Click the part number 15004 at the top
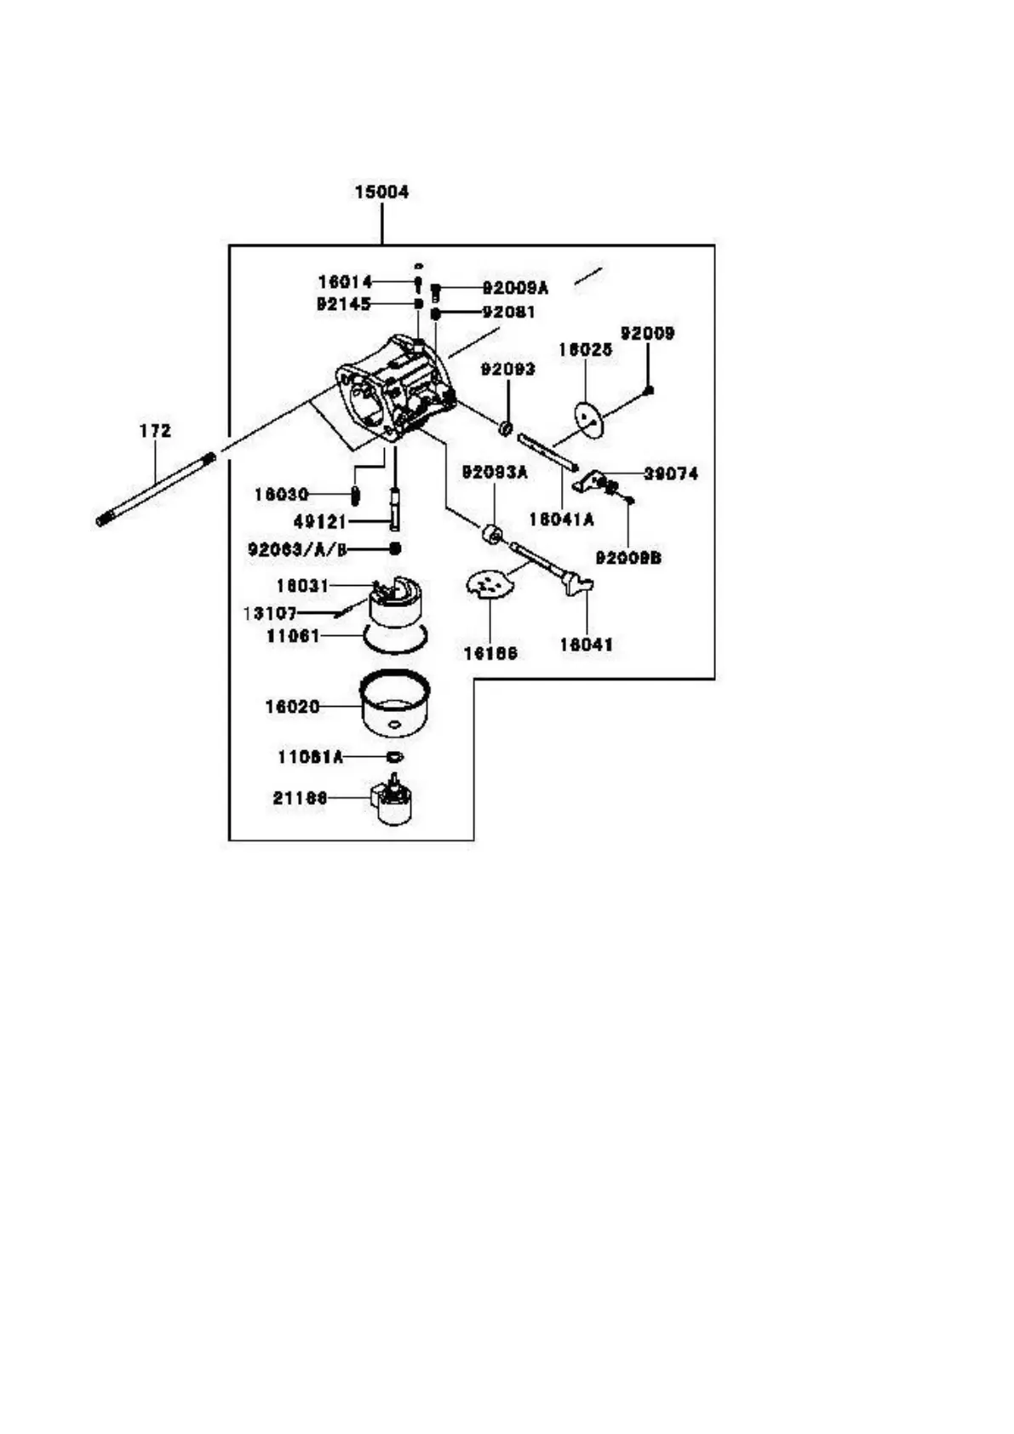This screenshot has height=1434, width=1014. [x=381, y=192]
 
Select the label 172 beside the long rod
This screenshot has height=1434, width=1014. [x=155, y=431]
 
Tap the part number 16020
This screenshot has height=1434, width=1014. [x=292, y=707]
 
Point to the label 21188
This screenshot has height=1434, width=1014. [x=300, y=799]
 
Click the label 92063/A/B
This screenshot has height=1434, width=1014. [x=297, y=550]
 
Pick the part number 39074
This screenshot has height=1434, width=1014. [x=670, y=473]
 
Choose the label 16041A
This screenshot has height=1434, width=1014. [x=561, y=519]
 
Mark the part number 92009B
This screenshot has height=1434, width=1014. [x=628, y=559]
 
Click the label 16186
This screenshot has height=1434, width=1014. [x=490, y=654]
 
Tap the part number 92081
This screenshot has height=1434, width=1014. [x=508, y=313]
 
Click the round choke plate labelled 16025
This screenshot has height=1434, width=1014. [x=588, y=418]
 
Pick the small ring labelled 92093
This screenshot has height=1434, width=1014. [x=507, y=427]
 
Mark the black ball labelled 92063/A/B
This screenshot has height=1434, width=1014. [x=395, y=549]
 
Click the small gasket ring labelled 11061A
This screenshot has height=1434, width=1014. [x=394, y=756]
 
